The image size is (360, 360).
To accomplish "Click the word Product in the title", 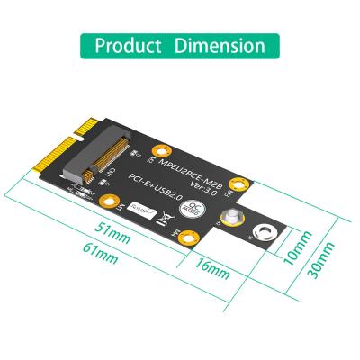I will tap(130, 46).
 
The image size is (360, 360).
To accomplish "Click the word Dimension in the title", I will tap(220, 46).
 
